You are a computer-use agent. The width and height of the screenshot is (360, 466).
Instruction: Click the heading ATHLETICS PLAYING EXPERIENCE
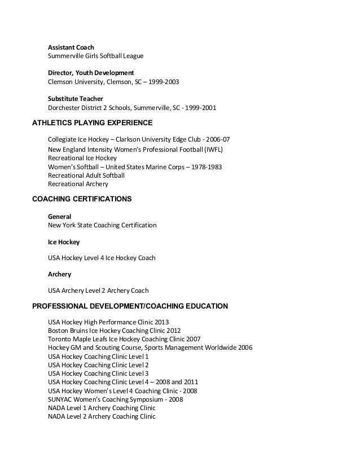[93, 122]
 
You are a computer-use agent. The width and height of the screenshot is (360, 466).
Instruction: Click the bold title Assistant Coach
[71, 46]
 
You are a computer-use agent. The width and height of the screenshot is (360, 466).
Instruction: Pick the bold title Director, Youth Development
[90, 73]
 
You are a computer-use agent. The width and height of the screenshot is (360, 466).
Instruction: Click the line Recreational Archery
[78, 184]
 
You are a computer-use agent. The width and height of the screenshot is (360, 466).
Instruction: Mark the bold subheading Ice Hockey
[64, 242]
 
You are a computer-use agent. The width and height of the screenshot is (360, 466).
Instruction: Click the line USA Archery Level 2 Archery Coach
[98, 291]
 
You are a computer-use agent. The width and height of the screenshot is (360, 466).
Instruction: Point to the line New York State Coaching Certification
[102, 225]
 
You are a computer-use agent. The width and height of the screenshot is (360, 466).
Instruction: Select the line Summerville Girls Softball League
[95, 56]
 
